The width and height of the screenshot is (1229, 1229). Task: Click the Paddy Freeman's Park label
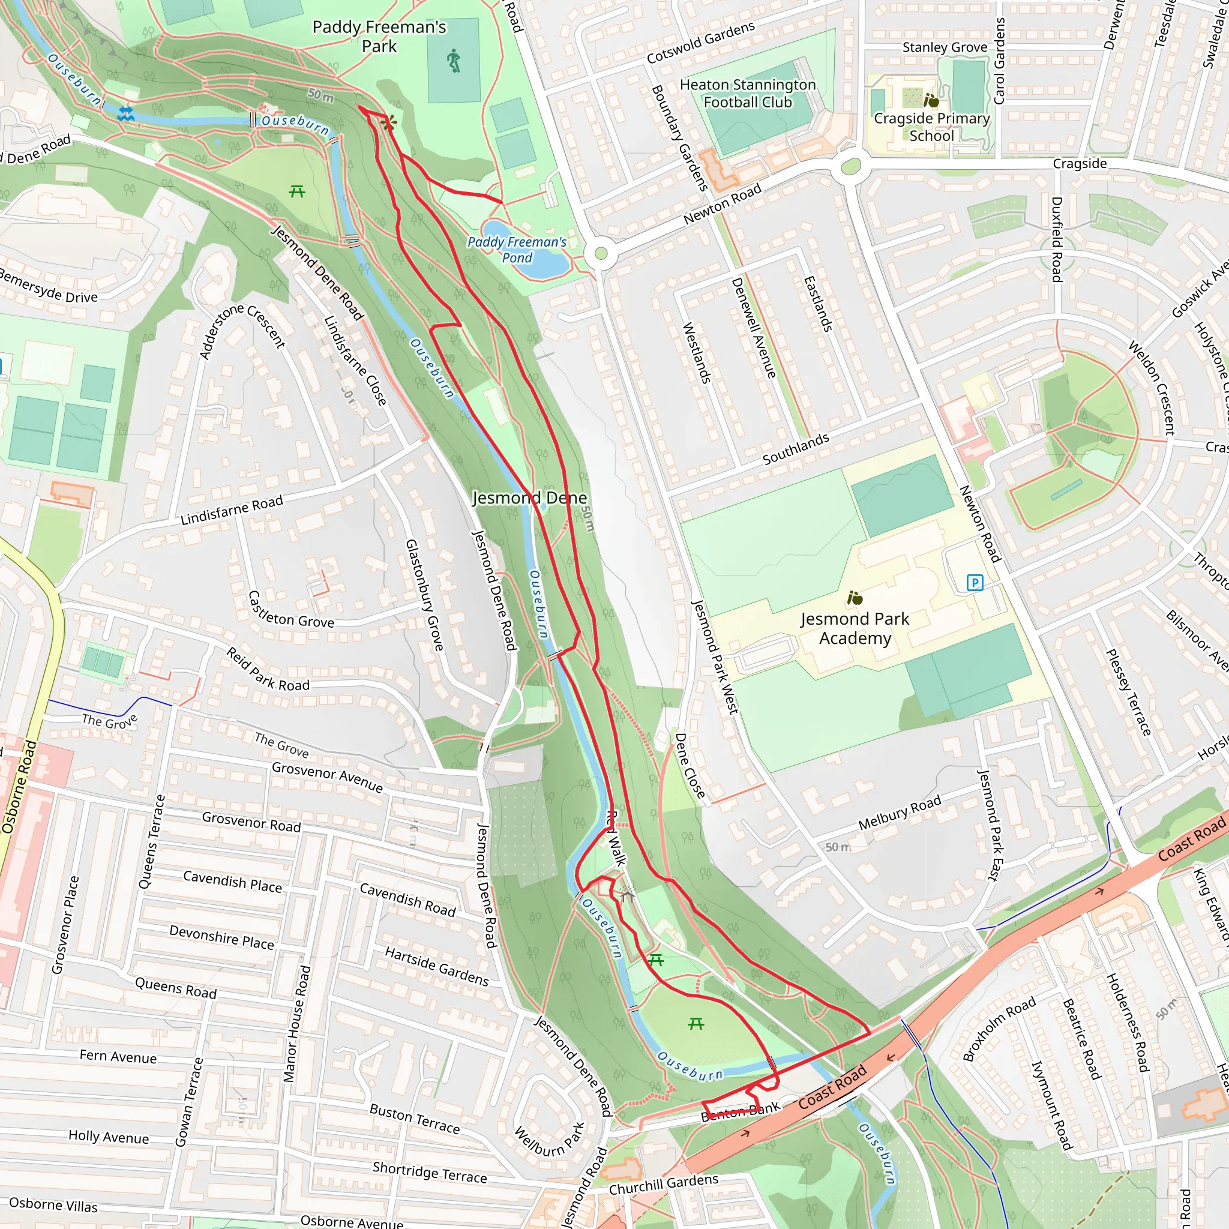[x=379, y=36]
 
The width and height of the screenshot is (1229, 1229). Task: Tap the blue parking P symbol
[x=975, y=582]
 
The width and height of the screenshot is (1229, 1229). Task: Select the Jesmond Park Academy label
[x=855, y=628]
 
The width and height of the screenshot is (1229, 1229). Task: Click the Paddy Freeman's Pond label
[x=517, y=250]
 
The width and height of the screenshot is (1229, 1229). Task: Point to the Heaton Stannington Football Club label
[x=748, y=94]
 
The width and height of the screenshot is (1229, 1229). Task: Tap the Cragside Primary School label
[x=931, y=127]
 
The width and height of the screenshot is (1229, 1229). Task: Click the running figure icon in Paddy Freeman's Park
[x=454, y=61]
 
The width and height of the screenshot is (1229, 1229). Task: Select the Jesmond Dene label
[x=529, y=497]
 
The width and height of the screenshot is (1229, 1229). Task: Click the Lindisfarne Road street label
[x=232, y=510]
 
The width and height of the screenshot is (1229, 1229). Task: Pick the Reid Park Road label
[x=268, y=670]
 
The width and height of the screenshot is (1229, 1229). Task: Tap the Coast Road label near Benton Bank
[x=832, y=1087]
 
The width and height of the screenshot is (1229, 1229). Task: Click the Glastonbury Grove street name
[x=424, y=595]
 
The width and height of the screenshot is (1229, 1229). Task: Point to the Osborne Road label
[x=19, y=786]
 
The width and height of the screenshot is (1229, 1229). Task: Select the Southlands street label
[x=796, y=448]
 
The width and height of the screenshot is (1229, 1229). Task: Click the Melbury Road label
[x=900, y=813]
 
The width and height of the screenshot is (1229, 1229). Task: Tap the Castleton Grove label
[x=290, y=611]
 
